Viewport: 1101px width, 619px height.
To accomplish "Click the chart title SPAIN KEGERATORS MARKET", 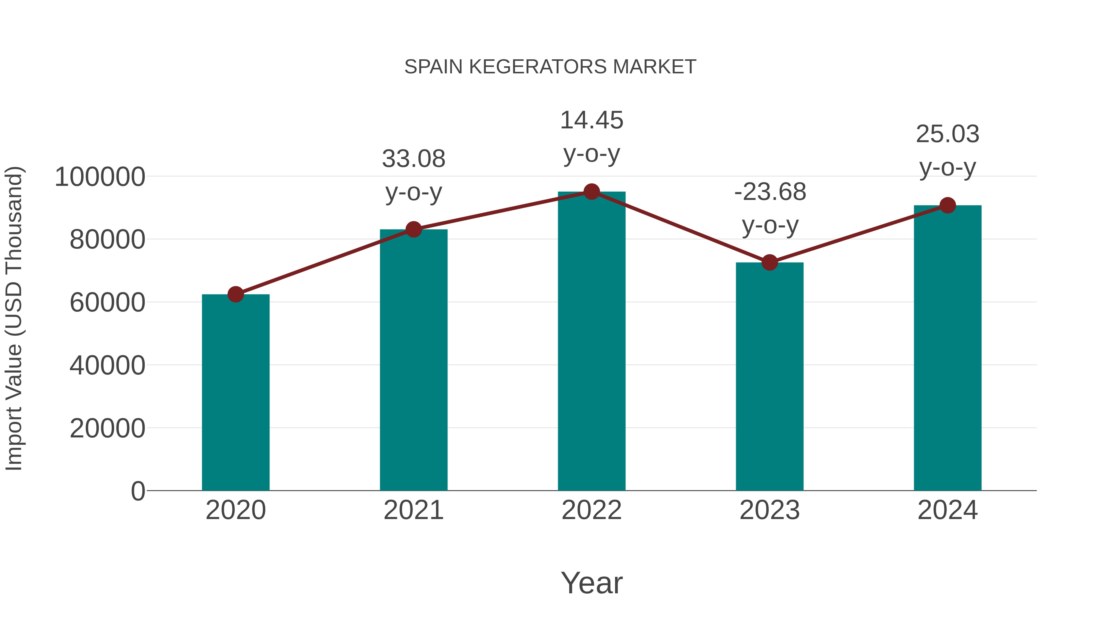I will (x=550, y=67).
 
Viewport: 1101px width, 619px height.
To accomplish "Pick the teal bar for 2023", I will (x=769, y=376).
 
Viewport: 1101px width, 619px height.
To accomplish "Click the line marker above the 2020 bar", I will (x=235, y=294).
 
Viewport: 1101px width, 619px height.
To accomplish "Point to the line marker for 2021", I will (x=413, y=229).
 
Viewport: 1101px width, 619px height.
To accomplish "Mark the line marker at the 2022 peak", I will (x=591, y=192).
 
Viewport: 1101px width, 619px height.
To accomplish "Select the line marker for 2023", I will (x=769, y=262).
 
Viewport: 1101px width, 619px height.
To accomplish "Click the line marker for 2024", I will (x=947, y=205).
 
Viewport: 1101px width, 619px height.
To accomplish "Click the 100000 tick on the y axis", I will (x=100, y=177).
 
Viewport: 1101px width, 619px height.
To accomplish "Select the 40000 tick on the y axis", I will (x=107, y=366).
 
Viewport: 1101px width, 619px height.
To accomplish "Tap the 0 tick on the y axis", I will (x=138, y=491).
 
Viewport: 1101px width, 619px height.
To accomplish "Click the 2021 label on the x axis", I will (x=413, y=510).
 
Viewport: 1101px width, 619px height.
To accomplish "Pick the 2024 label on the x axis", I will (x=947, y=510).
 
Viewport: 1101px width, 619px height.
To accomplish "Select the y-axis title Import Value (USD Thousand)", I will (x=14, y=319).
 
